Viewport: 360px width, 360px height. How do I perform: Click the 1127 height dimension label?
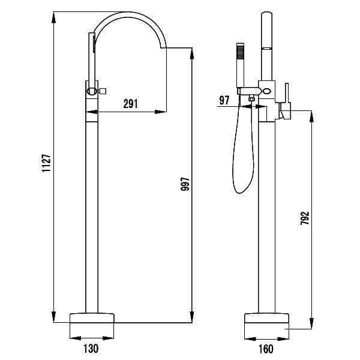46,163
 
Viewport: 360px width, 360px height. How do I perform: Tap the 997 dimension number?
185,184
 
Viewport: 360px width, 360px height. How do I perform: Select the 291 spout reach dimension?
131,104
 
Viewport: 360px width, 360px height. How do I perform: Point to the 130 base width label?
91,348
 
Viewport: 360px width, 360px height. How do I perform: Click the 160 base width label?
266,349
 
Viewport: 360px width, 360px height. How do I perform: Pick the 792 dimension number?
305,218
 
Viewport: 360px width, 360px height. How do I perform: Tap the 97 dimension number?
224,100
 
